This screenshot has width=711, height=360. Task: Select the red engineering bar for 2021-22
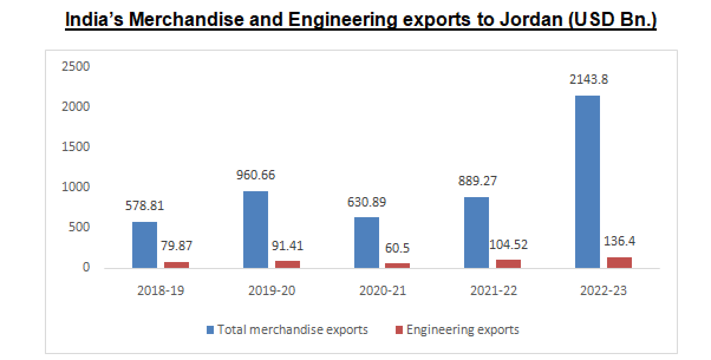pos(508,263)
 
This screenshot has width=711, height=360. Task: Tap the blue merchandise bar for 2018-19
pos(144,245)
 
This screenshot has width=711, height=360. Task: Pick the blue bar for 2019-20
pos(255,230)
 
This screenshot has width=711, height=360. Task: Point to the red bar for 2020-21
pos(397,266)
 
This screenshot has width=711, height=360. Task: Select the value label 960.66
pos(255,175)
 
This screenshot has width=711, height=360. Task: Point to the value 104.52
pos(508,244)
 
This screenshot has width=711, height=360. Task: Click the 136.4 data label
pos(619,241)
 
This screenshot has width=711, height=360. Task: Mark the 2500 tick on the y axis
pos(76,67)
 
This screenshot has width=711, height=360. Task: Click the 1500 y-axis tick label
pos(76,147)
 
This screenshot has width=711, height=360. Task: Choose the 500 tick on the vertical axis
pos(79,227)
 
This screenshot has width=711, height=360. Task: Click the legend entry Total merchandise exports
pos(292,329)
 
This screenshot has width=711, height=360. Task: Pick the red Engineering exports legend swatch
pos(398,329)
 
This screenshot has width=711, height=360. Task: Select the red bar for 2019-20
pos(287,264)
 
